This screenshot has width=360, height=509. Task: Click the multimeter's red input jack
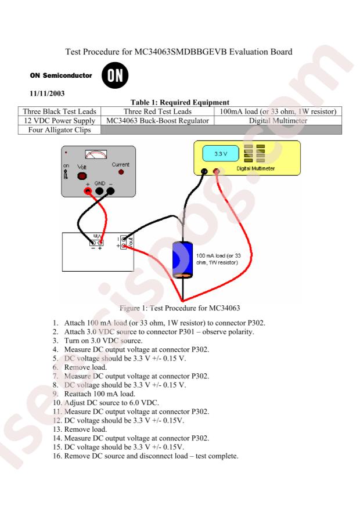click(217, 172)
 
